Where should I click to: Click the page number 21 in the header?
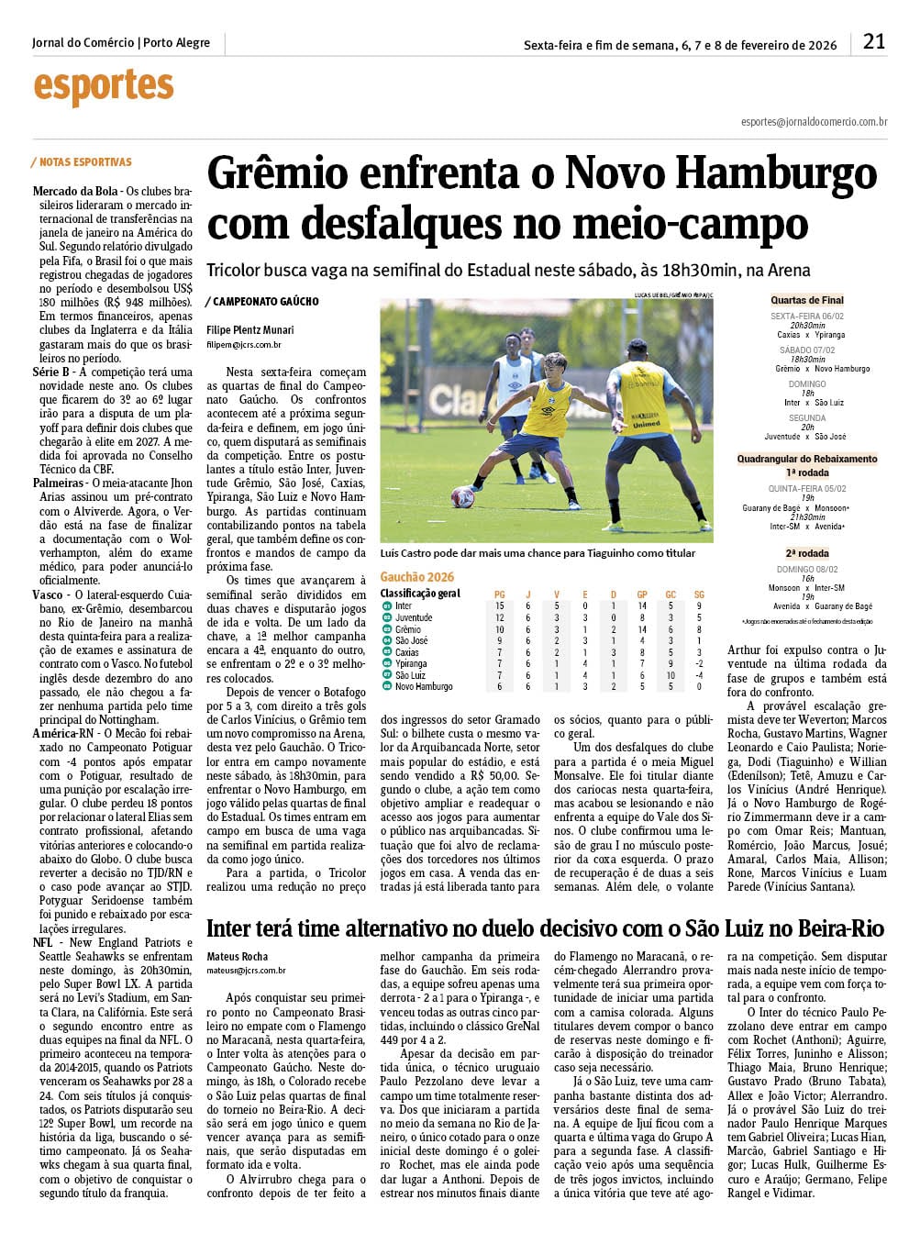point(874,41)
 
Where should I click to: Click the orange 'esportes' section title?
point(103,87)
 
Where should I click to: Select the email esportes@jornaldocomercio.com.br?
point(814,121)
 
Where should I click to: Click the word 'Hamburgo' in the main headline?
point(783,173)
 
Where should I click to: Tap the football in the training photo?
point(462,497)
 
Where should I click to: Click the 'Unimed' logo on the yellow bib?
point(645,424)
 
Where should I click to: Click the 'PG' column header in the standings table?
point(500,594)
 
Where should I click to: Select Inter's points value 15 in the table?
point(500,606)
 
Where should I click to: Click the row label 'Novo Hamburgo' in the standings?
point(424,686)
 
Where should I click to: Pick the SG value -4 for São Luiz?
point(699,675)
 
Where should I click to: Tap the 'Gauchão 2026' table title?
point(416,577)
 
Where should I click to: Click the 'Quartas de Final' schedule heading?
point(806,300)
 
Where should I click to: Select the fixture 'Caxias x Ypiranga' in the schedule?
point(811,335)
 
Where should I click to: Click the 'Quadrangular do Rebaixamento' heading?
point(807,459)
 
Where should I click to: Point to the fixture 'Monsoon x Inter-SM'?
point(807,587)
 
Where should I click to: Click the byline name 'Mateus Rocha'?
point(237,957)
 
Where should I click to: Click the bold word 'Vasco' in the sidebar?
point(48,594)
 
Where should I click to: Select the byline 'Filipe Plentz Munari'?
point(249,329)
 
